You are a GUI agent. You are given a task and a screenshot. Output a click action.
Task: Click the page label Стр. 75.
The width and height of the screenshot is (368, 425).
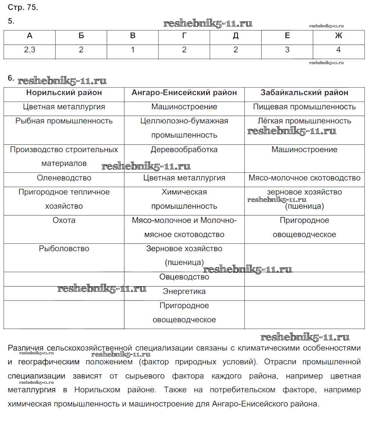(x=23, y=7)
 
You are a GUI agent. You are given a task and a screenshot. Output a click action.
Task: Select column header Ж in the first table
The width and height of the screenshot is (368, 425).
(x=339, y=36)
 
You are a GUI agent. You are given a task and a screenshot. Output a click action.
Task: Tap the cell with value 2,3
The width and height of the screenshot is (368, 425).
(x=30, y=50)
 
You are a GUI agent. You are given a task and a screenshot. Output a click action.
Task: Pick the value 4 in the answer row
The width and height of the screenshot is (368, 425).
(x=339, y=50)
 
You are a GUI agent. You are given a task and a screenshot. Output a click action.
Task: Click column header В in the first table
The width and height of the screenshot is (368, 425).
(x=133, y=36)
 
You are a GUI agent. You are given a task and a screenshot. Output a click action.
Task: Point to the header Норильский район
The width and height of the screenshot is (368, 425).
(x=64, y=93)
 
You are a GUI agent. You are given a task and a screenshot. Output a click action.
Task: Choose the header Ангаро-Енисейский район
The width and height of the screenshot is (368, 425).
(x=184, y=93)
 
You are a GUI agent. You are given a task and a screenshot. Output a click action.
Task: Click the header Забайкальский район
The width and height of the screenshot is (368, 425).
(x=304, y=93)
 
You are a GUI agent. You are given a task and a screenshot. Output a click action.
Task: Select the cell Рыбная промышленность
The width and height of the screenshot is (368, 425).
(x=64, y=121)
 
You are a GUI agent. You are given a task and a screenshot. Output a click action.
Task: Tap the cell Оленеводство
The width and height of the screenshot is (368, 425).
(x=64, y=178)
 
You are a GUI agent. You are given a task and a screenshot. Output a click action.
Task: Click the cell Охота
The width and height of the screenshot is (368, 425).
(x=64, y=220)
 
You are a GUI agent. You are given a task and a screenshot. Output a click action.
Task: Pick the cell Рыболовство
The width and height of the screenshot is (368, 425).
(x=64, y=249)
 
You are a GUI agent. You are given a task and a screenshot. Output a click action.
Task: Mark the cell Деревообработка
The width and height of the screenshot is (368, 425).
(x=184, y=150)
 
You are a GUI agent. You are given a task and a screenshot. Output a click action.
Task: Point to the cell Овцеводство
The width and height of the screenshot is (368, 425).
(x=184, y=277)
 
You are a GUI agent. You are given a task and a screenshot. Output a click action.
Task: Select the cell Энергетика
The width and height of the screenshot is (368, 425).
(x=184, y=291)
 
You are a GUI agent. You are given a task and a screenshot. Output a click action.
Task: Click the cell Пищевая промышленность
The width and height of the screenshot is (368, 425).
(x=304, y=107)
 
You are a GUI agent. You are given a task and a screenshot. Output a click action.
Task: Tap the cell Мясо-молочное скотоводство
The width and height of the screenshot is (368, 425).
(x=304, y=178)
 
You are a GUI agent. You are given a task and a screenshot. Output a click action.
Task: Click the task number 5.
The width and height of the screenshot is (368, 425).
(x=11, y=21)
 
